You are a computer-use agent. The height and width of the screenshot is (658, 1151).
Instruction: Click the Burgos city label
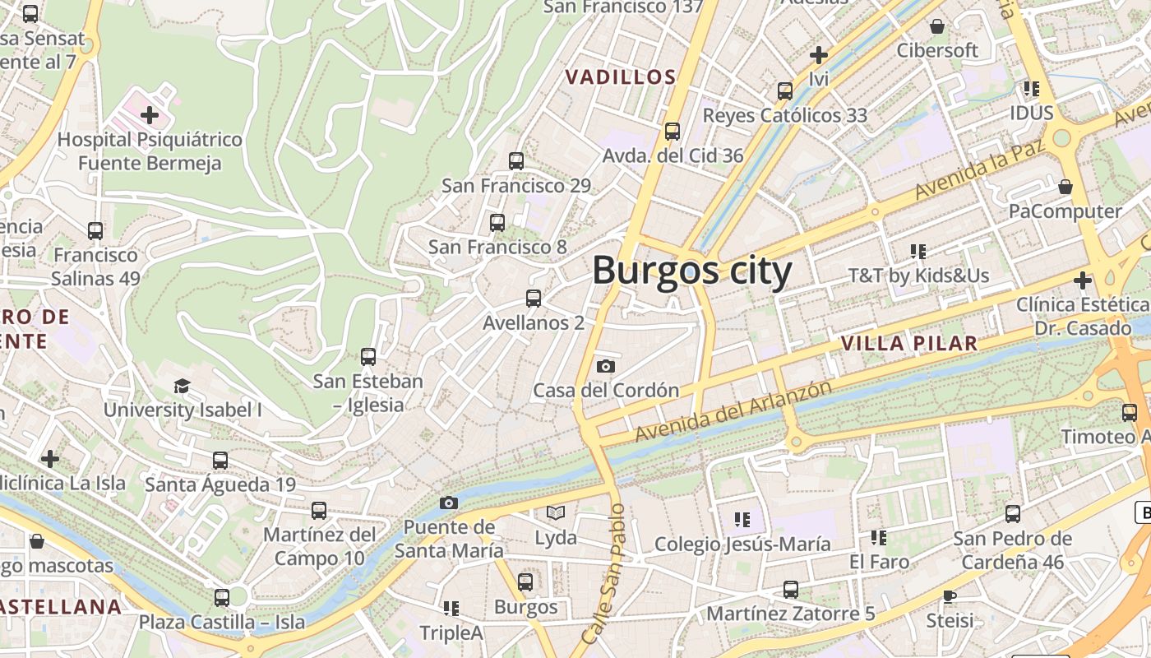691,271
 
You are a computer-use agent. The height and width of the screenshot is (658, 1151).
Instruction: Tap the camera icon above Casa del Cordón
606,366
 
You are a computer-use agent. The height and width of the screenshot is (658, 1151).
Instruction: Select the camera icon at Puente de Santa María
448,503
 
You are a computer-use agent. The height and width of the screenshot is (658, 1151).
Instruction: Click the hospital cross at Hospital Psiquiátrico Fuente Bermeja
150,114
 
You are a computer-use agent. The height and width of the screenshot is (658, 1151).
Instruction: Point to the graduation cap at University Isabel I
182,386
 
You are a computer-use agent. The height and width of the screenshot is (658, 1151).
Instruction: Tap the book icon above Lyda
556,513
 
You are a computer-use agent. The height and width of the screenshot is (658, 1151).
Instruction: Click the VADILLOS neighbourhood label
621,77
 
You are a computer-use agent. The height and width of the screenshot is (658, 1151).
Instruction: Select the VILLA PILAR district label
909,344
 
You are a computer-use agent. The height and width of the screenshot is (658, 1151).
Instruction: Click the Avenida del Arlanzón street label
733,410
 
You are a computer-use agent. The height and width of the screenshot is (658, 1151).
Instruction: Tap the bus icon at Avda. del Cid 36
673,131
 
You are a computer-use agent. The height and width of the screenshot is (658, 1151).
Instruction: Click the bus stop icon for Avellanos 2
534,298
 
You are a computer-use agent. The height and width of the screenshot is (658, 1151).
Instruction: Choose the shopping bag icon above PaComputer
1065,187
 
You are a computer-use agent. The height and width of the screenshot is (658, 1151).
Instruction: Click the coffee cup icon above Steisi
950,595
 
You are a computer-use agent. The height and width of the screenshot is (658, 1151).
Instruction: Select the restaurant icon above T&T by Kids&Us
918,251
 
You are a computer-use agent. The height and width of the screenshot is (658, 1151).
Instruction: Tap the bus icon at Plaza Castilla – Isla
221,597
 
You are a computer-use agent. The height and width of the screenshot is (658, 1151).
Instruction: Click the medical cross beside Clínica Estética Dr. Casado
1083,280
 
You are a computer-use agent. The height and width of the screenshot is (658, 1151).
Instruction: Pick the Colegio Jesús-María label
742,544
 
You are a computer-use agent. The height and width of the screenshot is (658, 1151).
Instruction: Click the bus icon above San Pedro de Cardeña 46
1013,513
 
